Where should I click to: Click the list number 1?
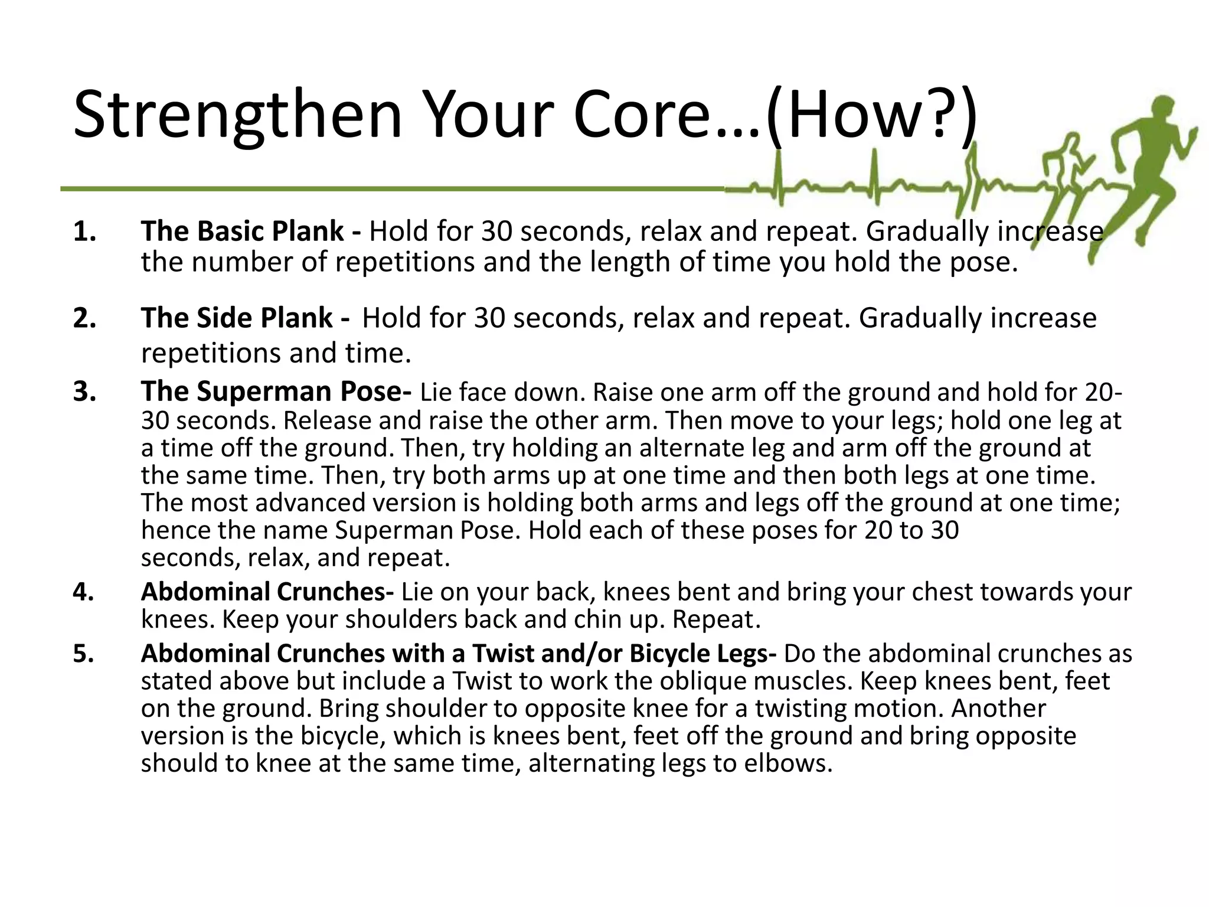pos(85,231)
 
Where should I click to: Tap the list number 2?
pos(85,318)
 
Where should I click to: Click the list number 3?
pos(85,391)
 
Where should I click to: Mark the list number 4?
pos(84,592)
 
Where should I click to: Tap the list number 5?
pos(84,654)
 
